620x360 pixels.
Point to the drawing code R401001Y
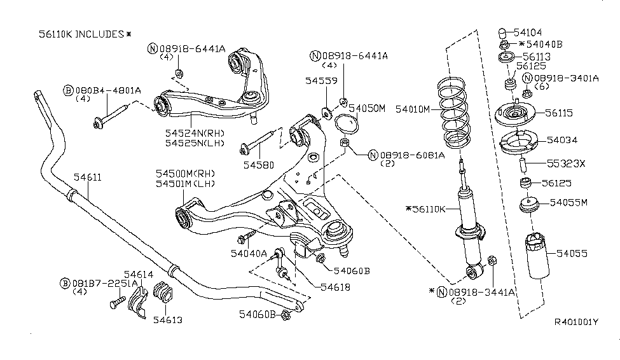point(576,340)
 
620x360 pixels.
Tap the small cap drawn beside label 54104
point(500,32)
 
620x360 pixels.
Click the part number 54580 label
point(261,165)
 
